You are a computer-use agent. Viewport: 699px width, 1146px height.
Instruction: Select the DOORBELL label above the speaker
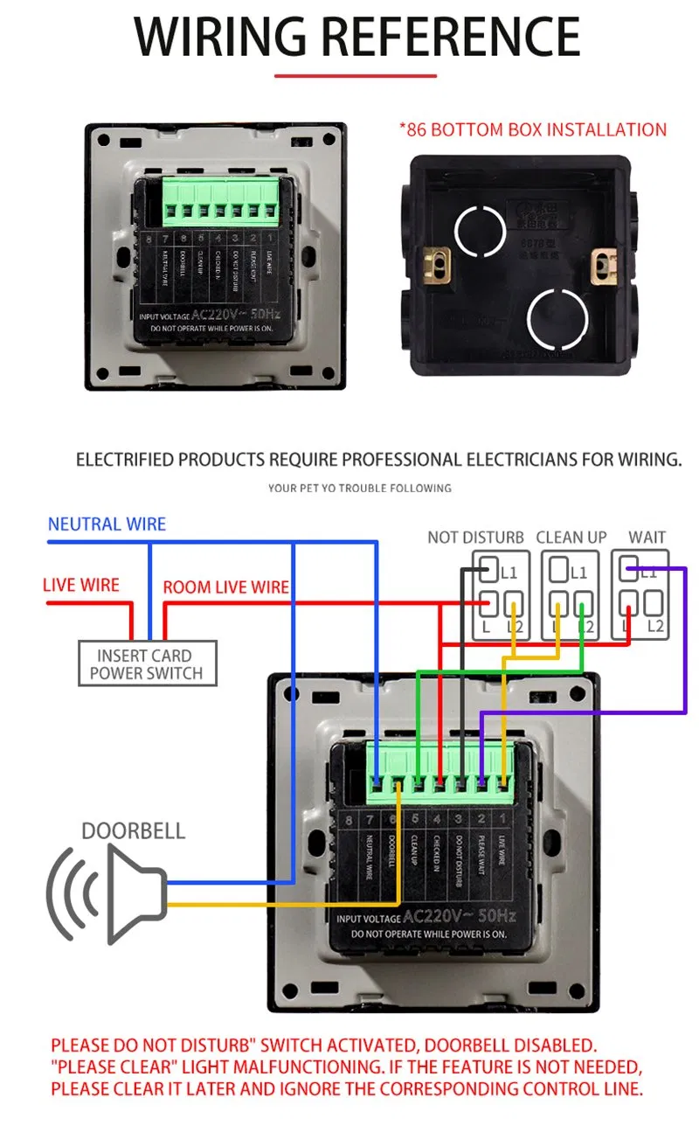tap(134, 830)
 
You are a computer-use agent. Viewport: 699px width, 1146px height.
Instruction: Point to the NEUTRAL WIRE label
tap(107, 524)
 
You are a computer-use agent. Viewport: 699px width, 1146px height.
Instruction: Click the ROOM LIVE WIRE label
tap(225, 587)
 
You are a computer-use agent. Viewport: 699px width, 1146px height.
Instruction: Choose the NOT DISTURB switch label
tap(475, 538)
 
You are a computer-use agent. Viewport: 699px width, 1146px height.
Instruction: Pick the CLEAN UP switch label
tap(571, 538)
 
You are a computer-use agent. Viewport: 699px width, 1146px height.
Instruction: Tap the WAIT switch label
tap(647, 538)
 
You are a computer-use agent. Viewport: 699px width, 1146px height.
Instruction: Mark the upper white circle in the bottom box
tap(480, 232)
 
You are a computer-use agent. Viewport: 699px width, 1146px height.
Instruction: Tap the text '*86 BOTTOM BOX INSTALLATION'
tap(533, 130)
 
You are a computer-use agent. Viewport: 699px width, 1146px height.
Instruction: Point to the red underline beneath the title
tap(356, 76)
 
